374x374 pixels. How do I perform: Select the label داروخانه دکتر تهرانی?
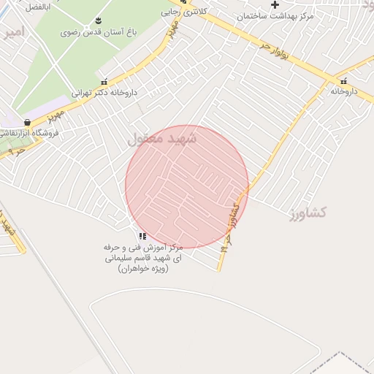point(104,93)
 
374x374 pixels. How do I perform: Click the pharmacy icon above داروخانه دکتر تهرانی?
point(104,82)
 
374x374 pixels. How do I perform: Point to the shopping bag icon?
point(28,123)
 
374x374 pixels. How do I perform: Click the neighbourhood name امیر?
point(13,32)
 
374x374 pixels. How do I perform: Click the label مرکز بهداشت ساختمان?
point(275,15)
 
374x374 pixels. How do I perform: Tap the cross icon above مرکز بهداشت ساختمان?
point(275,4)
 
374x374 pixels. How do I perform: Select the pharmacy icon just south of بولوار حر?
point(343,80)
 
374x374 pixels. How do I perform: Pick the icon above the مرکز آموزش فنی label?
point(142,236)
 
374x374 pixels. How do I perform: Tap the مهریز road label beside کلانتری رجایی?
point(172,31)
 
